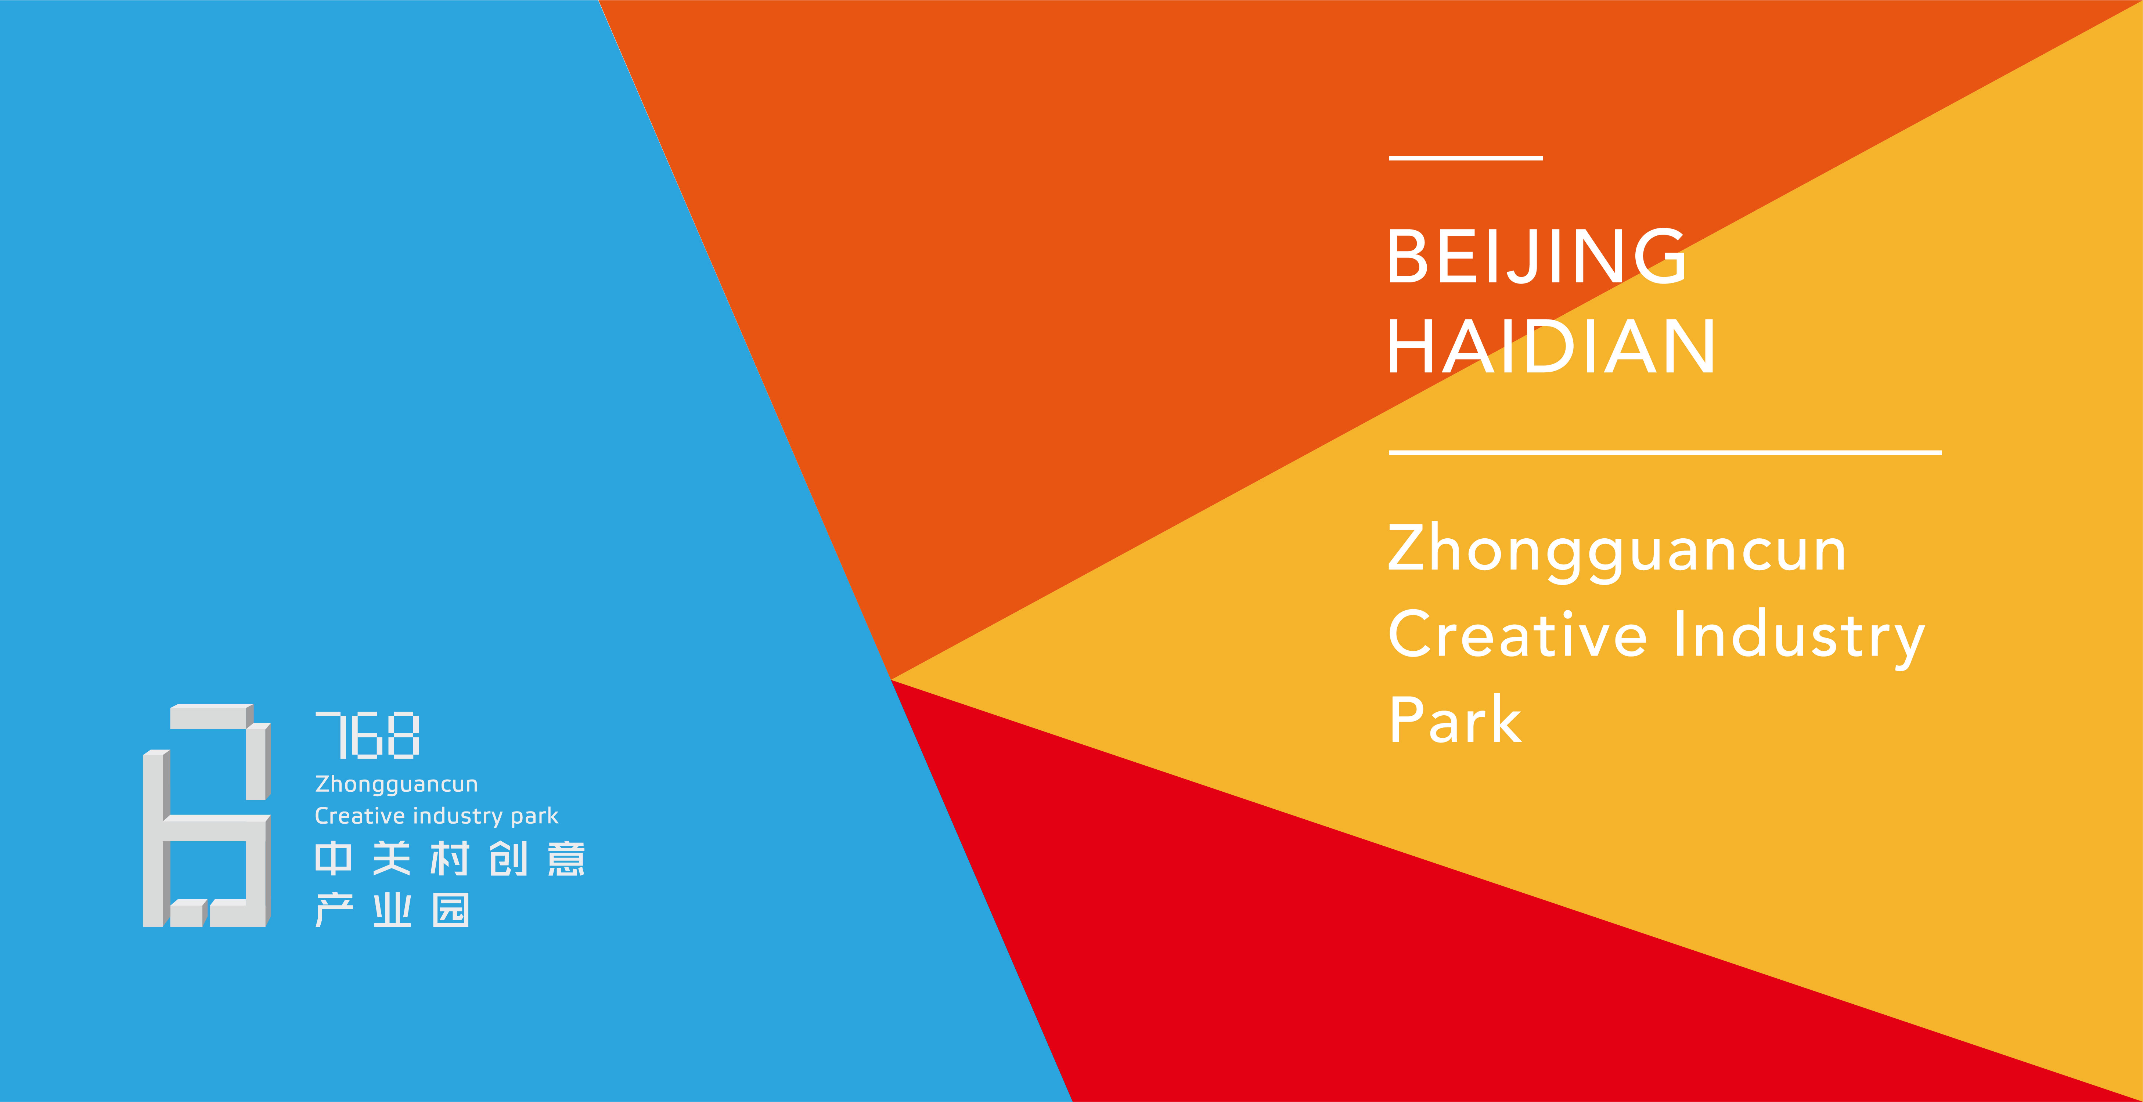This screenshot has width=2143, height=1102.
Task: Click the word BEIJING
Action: click(x=1537, y=257)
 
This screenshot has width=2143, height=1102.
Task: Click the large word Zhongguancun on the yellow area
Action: click(x=1616, y=550)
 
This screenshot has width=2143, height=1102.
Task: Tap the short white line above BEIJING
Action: click(x=1466, y=157)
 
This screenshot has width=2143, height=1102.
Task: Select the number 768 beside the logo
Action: click(x=367, y=735)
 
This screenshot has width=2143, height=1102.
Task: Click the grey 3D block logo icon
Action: click(x=206, y=815)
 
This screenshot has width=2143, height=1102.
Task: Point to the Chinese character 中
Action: click(x=334, y=858)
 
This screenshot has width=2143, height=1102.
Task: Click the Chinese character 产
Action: click(x=334, y=910)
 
